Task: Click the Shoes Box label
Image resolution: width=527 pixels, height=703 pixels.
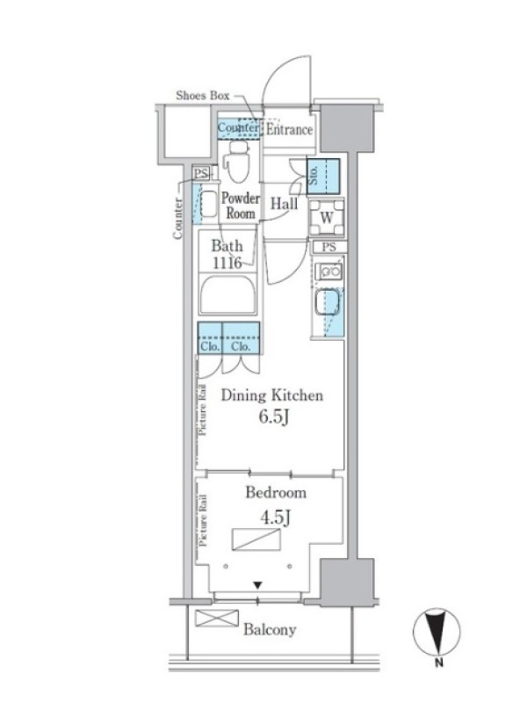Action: click(x=203, y=96)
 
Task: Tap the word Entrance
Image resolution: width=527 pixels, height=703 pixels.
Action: click(x=289, y=129)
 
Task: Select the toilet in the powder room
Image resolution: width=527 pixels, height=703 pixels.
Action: click(x=237, y=162)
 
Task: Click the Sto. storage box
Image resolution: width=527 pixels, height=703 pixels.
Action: click(x=322, y=177)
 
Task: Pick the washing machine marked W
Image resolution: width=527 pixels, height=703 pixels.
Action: click(x=327, y=217)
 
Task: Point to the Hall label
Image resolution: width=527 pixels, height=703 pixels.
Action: click(x=284, y=204)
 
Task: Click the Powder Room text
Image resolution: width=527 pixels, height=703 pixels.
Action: click(x=240, y=206)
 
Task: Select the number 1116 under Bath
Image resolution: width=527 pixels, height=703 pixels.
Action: click(x=227, y=263)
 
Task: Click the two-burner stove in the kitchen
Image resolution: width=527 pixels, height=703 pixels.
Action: click(x=328, y=272)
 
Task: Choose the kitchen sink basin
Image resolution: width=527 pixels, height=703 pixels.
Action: click(x=327, y=302)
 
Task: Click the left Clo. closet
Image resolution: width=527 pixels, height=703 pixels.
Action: click(x=210, y=338)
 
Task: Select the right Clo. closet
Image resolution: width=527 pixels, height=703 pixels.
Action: click(x=241, y=338)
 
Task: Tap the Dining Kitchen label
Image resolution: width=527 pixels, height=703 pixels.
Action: click(x=271, y=395)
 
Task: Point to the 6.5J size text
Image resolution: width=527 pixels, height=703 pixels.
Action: click(x=273, y=417)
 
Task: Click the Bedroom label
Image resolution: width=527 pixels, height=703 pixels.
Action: click(x=276, y=493)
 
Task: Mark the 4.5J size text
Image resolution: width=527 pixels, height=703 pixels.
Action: click(x=276, y=518)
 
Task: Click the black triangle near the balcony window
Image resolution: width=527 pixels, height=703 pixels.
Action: click(x=257, y=585)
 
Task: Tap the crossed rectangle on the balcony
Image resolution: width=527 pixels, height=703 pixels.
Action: click(x=217, y=619)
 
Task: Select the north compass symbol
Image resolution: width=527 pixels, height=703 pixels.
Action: click(x=436, y=632)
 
